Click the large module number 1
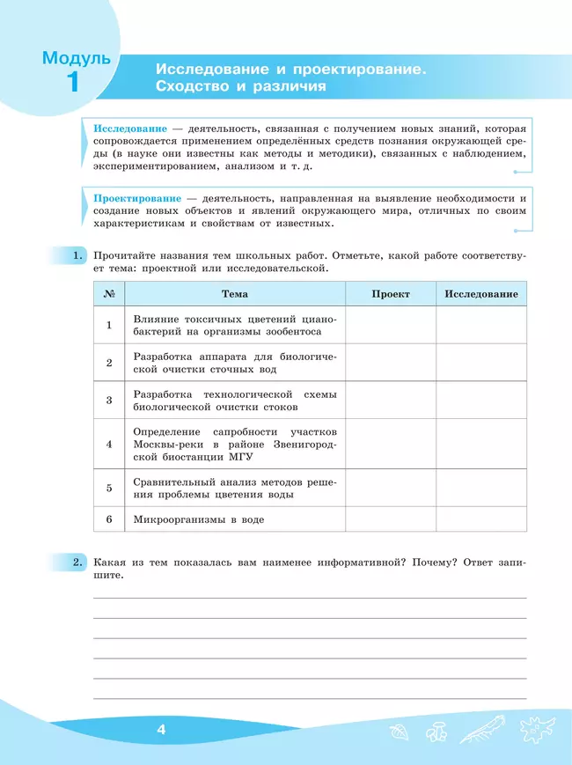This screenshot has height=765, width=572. pyautogui.click(x=72, y=84)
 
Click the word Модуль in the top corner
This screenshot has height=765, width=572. pyautogui.click(x=77, y=59)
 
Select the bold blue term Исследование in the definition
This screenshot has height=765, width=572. pyautogui.click(x=130, y=129)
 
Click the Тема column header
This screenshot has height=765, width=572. pyautogui.click(x=234, y=294)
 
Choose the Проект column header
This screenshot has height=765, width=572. pyautogui.click(x=390, y=294)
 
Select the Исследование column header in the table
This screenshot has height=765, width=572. pyautogui.click(x=480, y=294)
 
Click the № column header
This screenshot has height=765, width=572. pyautogui.click(x=109, y=294)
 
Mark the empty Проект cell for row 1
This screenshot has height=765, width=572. pyautogui.click(x=390, y=325)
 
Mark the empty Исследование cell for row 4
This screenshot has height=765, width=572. pyautogui.click(x=480, y=444)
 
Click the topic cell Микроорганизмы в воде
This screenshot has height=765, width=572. pyautogui.click(x=198, y=519)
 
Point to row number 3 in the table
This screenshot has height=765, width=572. pyautogui.click(x=109, y=400)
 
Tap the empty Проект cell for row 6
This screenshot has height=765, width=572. pyautogui.click(x=390, y=519)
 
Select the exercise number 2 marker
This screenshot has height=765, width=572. pyautogui.click(x=77, y=562)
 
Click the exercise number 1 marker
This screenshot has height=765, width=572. pyautogui.click(x=77, y=256)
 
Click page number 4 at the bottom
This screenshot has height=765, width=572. pyautogui.click(x=160, y=730)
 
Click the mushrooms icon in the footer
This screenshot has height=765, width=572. pyautogui.click(x=435, y=732)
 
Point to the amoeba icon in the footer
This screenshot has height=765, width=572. pyautogui.click(x=533, y=732)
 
